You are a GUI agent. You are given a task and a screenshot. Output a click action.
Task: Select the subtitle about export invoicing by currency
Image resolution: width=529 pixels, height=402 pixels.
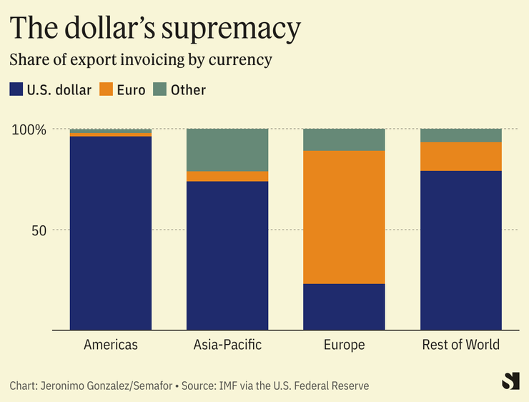coord(141,59)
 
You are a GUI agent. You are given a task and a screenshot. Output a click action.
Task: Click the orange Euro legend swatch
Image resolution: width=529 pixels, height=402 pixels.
coord(107,89)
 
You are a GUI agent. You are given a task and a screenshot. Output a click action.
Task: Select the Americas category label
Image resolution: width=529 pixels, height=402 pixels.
coord(111,345)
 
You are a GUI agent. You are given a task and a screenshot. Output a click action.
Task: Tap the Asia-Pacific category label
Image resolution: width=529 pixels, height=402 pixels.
coord(227,345)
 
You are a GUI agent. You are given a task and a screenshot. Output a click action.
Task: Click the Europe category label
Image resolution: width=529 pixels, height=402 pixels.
coord(344,345)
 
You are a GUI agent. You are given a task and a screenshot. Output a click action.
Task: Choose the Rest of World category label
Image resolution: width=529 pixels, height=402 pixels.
coord(460,345)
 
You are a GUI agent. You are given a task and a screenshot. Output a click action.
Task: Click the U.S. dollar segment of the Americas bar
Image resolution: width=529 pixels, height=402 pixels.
coord(111,232)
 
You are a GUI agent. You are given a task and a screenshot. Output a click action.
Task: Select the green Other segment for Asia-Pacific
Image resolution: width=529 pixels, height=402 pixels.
coord(227,149)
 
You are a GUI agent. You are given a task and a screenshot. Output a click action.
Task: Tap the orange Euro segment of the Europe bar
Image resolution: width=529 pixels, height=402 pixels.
coord(344,217)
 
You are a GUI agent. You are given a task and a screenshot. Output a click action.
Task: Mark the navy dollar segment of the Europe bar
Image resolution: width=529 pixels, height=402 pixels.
coord(344,307)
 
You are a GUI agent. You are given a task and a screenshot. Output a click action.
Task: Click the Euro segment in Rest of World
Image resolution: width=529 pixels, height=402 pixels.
coord(460,156)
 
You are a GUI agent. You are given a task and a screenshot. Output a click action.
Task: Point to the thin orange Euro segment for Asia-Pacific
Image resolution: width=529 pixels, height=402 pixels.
coord(227,176)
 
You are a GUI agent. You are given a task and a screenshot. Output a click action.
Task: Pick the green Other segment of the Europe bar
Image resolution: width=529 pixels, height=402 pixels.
coord(344,139)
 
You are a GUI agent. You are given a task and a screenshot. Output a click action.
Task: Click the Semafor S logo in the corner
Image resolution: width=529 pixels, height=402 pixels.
coord(510,381)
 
